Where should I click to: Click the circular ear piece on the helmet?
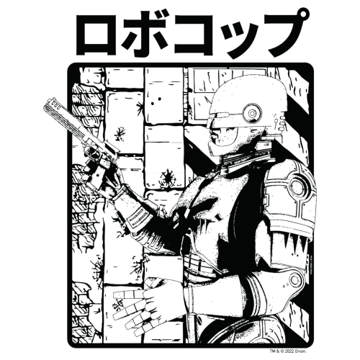point(251,112)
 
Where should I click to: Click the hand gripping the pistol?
point(99,174)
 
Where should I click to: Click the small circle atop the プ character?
point(304,12)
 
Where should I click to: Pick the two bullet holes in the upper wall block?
point(156,101)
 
